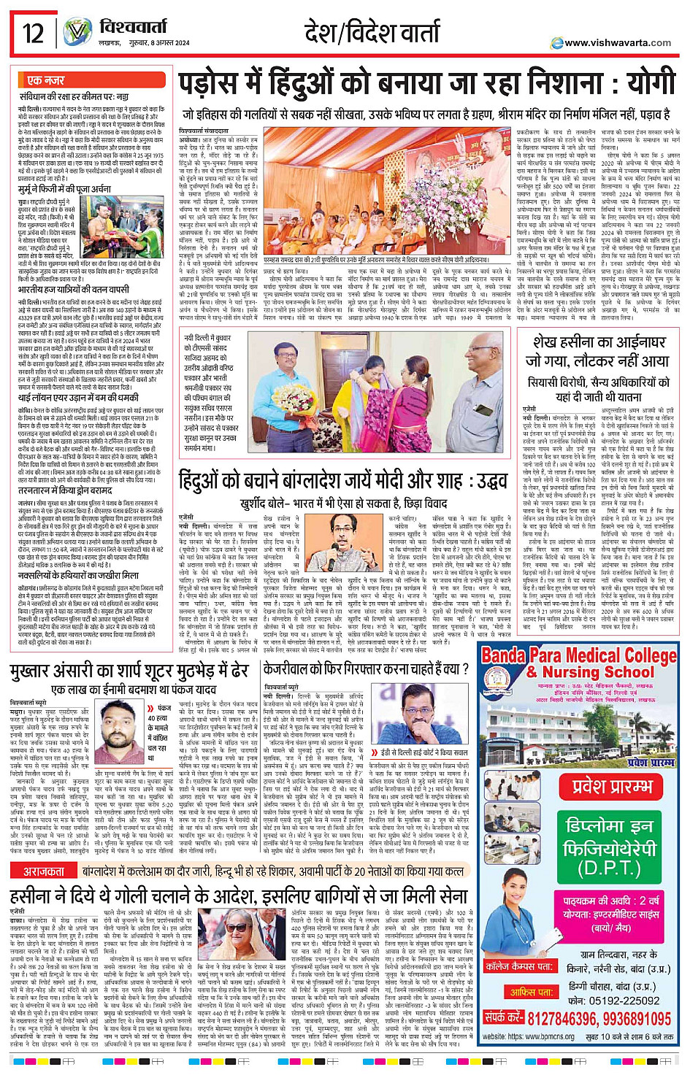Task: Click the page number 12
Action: [33, 34]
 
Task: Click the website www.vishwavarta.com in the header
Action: [617, 43]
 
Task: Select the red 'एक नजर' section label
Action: [45, 80]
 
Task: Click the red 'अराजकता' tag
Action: [44, 871]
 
